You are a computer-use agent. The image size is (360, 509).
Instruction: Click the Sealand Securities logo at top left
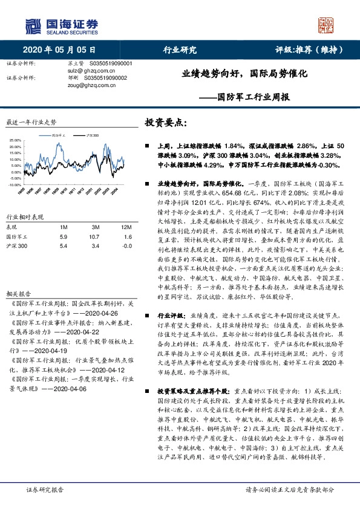[61, 25]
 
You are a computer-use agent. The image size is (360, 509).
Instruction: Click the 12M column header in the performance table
[126, 226]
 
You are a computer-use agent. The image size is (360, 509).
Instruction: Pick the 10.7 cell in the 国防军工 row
[93, 237]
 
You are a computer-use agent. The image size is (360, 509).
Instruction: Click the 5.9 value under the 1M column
[63, 237]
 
